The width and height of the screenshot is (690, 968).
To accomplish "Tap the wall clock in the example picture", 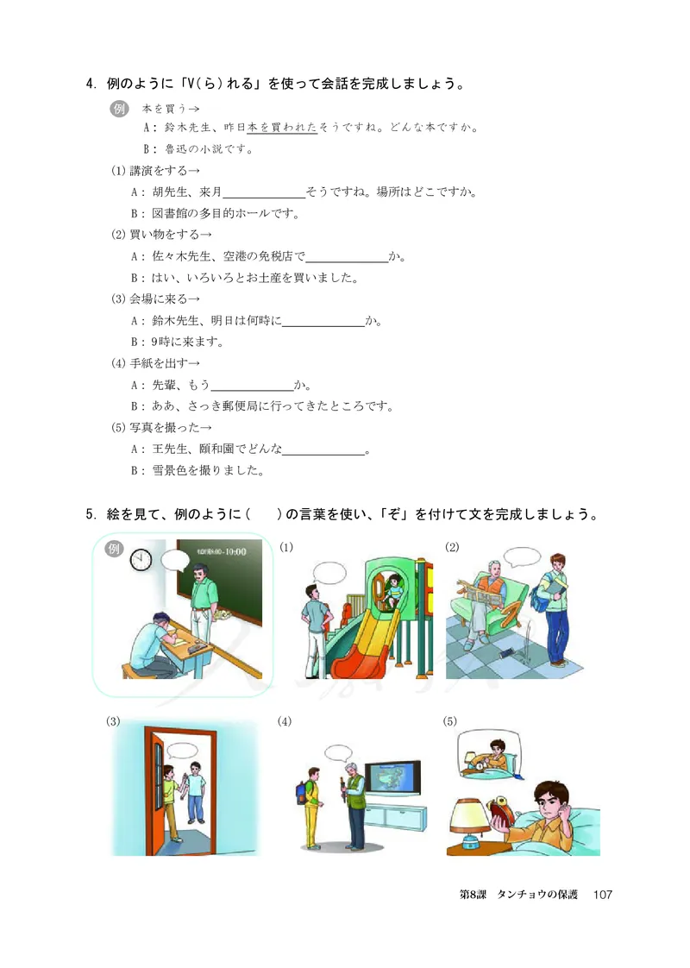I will click(141, 560).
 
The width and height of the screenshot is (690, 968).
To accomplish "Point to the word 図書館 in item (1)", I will click(171, 213).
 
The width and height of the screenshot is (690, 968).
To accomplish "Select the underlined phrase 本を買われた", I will click(282, 128).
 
